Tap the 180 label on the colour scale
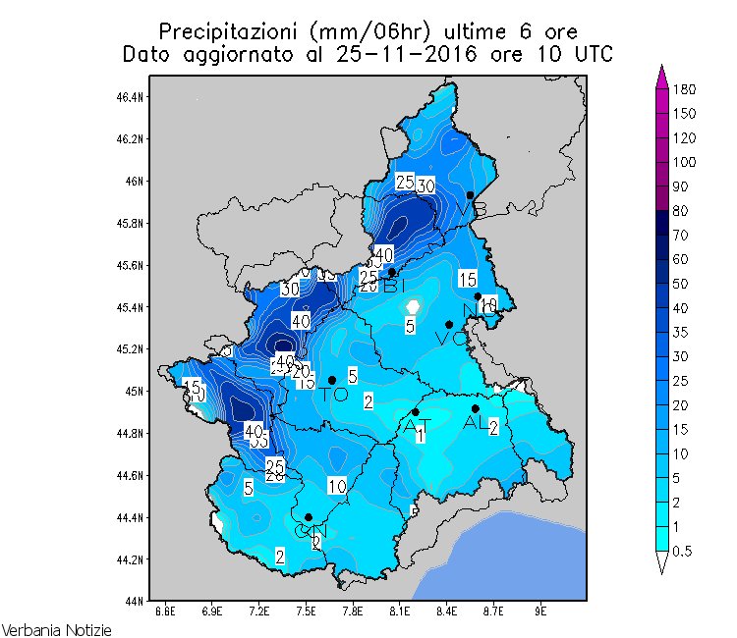pyautogui.click(x=685, y=89)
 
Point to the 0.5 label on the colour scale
pyautogui.click(x=682, y=551)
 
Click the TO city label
pyautogui.click(x=334, y=395)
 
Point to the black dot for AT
pyautogui.click(x=416, y=412)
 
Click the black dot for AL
pyautogui.click(x=476, y=408)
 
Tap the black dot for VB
pyautogui.click(x=470, y=195)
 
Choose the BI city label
pyautogui.click(x=393, y=286)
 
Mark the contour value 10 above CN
pyautogui.click(x=337, y=486)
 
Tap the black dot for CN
pyautogui.click(x=309, y=517)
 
